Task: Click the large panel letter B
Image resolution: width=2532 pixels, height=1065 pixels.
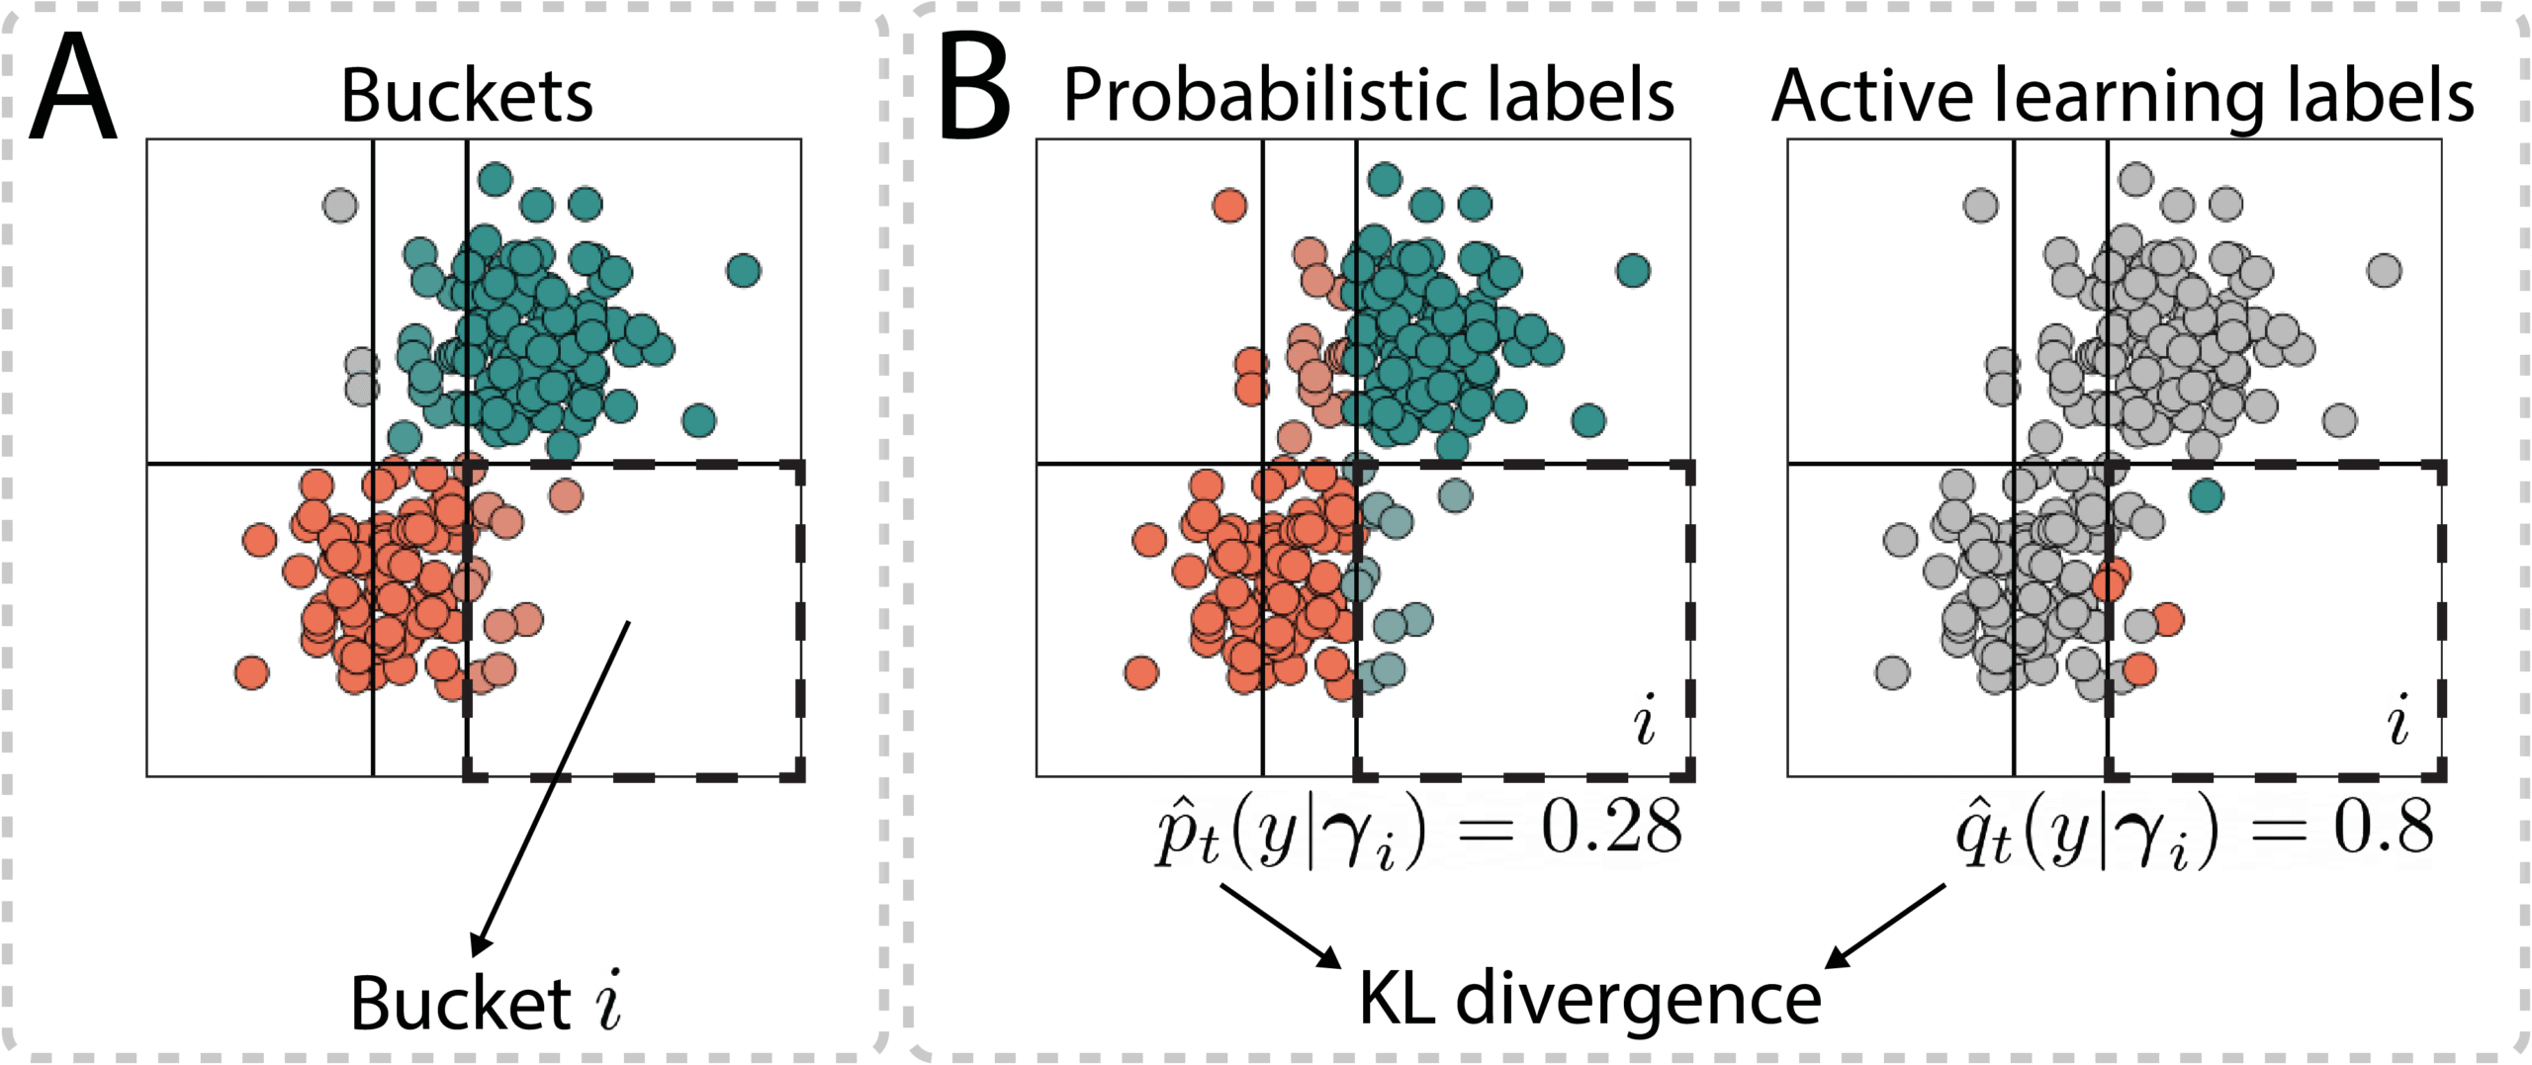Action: (974, 89)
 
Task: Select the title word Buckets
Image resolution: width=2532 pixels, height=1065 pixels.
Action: (467, 96)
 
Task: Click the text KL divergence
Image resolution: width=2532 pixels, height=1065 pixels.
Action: (1589, 999)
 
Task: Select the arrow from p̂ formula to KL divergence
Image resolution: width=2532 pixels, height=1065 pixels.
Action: (1280, 926)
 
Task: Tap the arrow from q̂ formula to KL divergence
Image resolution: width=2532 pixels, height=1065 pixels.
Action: (1885, 926)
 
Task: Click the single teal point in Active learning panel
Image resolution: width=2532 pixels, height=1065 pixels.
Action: (2207, 495)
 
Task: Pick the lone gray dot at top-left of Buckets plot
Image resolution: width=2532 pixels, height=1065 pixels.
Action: (340, 206)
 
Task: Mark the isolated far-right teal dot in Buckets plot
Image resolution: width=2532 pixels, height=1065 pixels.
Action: (744, 270)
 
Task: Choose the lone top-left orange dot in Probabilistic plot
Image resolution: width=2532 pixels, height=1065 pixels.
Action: (1229, 206)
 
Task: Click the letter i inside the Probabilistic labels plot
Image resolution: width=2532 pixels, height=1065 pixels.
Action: (1644, 721)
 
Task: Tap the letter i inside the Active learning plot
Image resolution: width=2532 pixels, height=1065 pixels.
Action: (2397, 721)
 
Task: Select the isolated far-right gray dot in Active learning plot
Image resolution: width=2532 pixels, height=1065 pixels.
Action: (2385, 270)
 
